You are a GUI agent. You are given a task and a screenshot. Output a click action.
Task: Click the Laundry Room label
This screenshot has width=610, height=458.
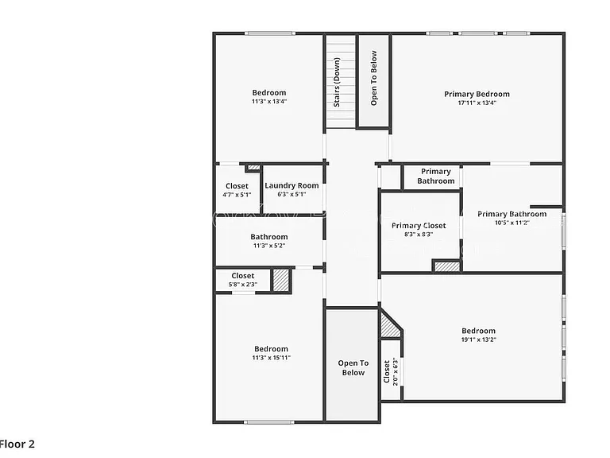[x=291, y=186]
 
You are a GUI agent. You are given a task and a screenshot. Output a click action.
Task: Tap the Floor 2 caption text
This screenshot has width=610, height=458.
[x=17, y=444]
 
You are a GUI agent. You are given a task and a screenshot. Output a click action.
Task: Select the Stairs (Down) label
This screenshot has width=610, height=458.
[x=337, y=82]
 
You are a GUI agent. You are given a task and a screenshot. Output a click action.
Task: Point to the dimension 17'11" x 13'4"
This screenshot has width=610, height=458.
[x=477, y=103]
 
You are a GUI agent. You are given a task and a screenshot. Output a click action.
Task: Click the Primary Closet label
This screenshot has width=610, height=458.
[x=419, y=226]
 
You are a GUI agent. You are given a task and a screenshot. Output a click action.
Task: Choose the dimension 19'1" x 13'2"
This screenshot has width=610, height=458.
[x=478, y=340]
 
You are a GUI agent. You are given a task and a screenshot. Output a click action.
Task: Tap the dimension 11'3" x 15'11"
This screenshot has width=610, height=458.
[x=271, y=358]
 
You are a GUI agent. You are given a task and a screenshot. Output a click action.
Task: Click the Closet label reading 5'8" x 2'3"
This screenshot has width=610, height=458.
[x=243, y=276]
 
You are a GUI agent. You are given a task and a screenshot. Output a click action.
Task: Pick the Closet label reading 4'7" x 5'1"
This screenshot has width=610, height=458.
[x=237, y=186]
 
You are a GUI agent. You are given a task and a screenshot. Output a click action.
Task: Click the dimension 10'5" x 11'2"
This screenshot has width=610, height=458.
[x=512, y=223]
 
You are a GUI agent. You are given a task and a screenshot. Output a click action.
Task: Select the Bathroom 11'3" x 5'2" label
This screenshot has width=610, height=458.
[x=269, y=237]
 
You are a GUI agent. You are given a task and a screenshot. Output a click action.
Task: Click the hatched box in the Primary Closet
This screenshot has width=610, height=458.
[x=447, y=266]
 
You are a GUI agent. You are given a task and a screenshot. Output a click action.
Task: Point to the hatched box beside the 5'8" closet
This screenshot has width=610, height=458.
[x=281, y=280]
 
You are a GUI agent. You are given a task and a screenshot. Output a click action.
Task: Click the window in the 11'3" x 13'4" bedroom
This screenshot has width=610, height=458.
[x=269, y=33]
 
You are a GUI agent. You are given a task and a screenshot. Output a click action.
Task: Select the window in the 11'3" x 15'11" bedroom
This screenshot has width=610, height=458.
[x=269, y=421]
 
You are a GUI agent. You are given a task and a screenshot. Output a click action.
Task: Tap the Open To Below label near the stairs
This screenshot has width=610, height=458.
[x=374, y=78]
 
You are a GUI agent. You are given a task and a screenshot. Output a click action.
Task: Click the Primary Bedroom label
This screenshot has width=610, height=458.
[x=477, y=95]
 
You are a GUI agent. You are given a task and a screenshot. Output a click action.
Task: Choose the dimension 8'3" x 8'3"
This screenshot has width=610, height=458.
[x=419, y=235]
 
